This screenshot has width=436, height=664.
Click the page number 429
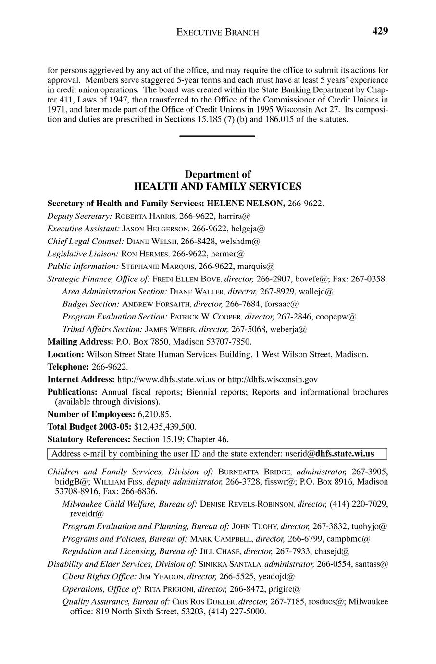tap(379, 31)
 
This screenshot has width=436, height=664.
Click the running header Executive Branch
tap(218, 32)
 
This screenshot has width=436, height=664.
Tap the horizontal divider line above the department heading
tap(217, 137)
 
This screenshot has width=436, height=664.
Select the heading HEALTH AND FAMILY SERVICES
tap(218, 186)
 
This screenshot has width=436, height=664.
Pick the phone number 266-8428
tap(197, 241)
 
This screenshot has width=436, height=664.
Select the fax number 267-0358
tap(371, 279)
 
